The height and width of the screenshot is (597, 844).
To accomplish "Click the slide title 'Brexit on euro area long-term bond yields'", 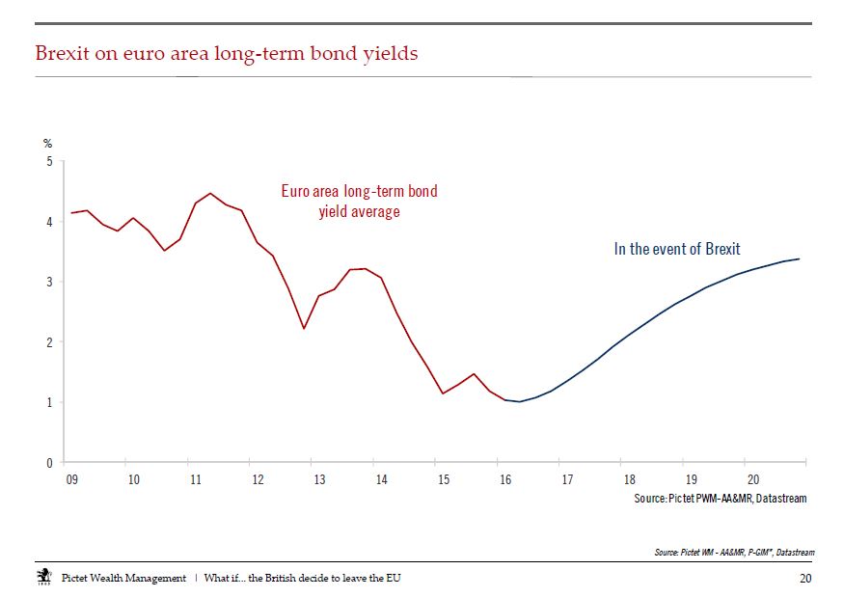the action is [227, 54].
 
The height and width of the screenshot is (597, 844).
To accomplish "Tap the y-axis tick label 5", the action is [49, 161].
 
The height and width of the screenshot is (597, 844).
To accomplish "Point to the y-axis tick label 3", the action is [49, 282].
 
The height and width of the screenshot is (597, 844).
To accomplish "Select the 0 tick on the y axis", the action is [49, 462].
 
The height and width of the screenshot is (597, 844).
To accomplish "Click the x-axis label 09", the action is [71, 479].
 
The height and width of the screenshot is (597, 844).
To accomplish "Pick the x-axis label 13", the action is [319, 479].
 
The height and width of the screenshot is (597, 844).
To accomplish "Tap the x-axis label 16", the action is [505, 479].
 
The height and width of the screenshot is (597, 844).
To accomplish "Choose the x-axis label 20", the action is [753, 479].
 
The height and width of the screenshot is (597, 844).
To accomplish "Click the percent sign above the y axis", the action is [48, 144].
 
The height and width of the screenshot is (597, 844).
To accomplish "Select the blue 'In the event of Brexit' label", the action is [677, 249].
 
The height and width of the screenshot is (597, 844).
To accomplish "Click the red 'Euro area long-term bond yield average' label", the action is [360, 201].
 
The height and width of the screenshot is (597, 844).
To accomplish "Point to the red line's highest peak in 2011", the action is [210, 193].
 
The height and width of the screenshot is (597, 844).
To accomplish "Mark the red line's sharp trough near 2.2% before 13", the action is [304, 328].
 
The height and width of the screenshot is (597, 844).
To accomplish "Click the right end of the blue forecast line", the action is [800, 258].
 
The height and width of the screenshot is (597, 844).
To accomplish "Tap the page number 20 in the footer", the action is [805, 578].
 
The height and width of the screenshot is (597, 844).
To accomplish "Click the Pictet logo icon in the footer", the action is [44, 576].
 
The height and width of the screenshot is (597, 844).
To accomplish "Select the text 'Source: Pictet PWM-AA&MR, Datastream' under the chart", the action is [721, 499].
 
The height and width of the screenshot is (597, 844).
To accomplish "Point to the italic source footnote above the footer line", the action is [734, 552].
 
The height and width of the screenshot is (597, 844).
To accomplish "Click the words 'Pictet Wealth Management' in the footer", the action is [123, 578].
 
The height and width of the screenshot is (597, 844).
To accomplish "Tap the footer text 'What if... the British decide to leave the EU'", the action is [303, 578].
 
